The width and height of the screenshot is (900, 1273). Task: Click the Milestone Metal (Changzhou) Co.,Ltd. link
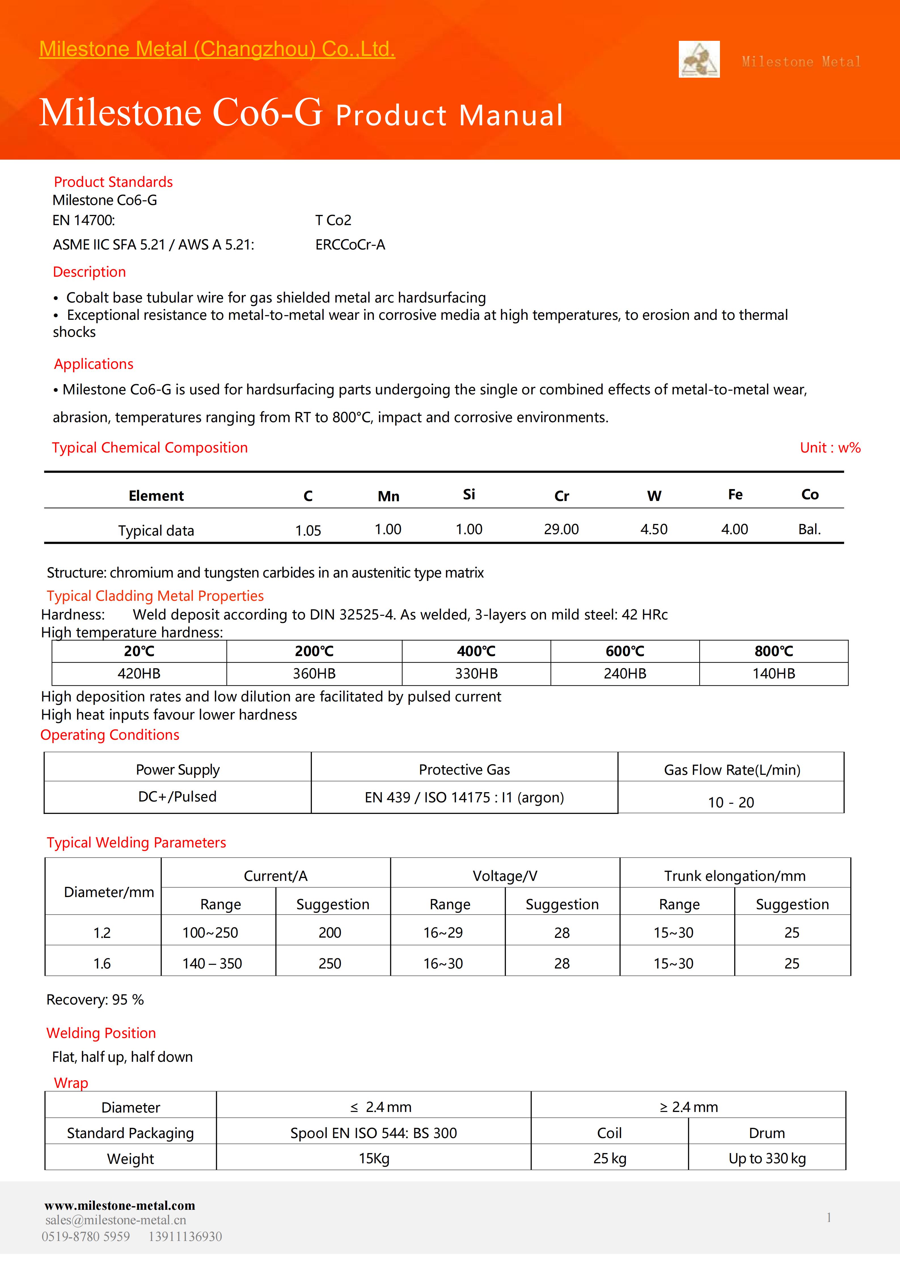[217, 49]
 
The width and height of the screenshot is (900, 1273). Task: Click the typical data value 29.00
[561, 530]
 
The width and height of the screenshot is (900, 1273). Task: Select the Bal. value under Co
[809, 530]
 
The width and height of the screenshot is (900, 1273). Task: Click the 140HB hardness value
[774, 674]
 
